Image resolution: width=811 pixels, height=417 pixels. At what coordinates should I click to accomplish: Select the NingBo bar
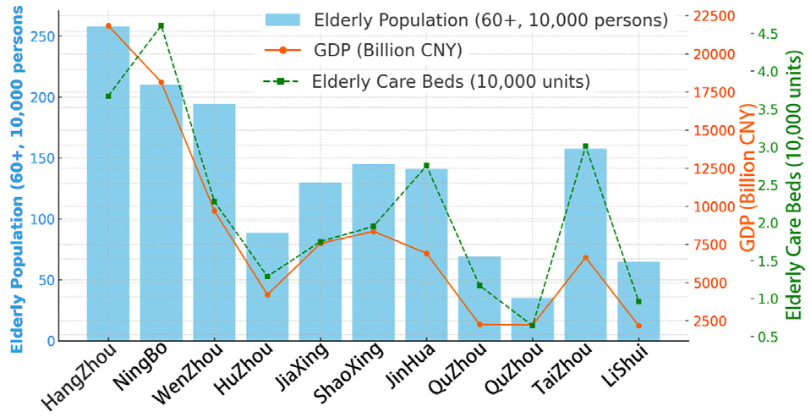click(x=162, y=212)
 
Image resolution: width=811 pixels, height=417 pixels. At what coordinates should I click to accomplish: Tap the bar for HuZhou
click(x=267, y=287)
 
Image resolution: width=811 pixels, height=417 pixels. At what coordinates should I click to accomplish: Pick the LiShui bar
click(x=638, y=301)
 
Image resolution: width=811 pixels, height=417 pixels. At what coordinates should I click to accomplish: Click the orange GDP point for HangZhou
click(x=108, y=26)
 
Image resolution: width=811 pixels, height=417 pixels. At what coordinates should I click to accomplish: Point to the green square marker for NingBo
click(x=162, y=26)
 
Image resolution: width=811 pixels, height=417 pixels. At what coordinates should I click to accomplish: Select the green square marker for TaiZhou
click(x=585, y=146)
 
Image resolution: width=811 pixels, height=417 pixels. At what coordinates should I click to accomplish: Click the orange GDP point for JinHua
click(x=426, y=254)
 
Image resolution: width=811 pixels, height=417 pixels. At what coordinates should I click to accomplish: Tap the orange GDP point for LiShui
click(x=638, y=326)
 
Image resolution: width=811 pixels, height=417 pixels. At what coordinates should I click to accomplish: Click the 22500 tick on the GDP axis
click(x=714, y=16)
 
